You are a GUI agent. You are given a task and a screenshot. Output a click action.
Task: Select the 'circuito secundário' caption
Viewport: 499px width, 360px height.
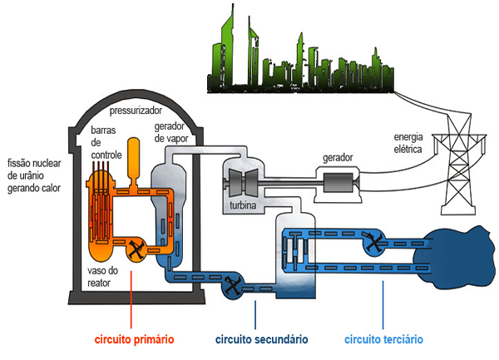[x=261, y=339]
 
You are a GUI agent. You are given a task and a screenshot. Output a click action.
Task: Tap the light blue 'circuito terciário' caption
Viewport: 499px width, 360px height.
[x=383, y=339]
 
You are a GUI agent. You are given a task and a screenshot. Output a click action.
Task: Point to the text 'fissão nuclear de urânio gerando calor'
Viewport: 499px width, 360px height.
[x=34, y=175]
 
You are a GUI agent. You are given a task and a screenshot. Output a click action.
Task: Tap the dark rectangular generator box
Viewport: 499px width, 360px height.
[x=338, y=180]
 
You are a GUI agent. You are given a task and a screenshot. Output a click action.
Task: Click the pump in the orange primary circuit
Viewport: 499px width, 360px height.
[x=135, y=247]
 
